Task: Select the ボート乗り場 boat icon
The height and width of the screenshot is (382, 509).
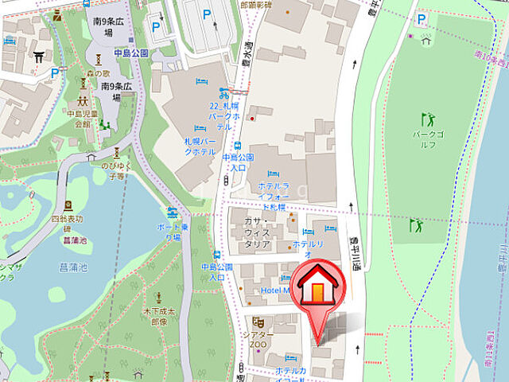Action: (173, 212)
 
